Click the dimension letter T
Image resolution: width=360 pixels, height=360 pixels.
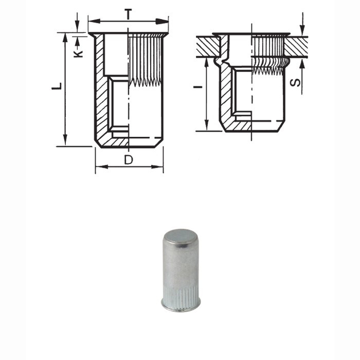(128, 14)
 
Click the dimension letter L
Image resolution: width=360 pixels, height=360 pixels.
(58, 86)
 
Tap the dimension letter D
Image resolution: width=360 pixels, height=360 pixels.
(129, 160)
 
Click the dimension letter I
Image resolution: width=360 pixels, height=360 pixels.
(197, 88)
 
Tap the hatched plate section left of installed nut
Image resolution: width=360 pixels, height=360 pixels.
(208, 47)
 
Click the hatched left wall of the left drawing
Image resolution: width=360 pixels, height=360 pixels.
(101, 93)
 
